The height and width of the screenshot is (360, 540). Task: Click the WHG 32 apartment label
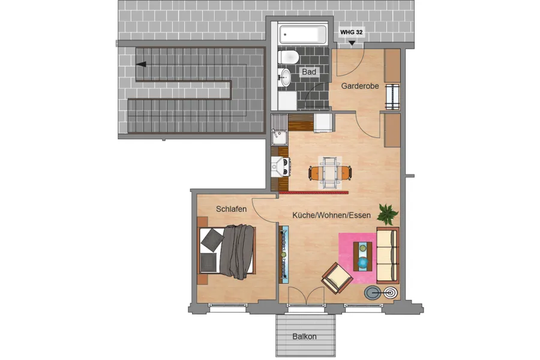tap(351, 32)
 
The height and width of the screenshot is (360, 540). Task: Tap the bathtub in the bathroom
tap(303, 34)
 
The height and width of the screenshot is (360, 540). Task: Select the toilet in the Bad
tap(289, 57)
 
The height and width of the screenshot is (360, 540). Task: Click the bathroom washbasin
tap(284, 77)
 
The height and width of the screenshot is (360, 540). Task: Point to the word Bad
tap(309, 72)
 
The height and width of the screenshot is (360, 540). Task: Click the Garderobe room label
tap(360, 86)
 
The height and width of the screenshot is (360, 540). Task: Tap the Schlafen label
tap(232, 209)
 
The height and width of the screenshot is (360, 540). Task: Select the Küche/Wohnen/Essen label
tap(332, 215)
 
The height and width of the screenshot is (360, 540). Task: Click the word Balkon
tap(304, 337)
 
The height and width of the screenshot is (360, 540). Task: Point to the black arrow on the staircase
tap(141, 64)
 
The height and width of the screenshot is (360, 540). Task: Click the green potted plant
tap(388, 214)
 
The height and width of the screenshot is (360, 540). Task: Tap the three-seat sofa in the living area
tap(388, 255)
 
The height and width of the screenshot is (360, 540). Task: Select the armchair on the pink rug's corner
tap(337, 278)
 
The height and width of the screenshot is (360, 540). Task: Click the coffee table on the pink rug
tap(362, 256)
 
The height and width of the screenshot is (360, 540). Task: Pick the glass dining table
tap(330, 173)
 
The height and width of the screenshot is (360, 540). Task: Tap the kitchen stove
tap(280, 167)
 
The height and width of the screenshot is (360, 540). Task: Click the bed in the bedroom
tap(227, 250)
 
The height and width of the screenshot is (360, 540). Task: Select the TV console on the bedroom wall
tap(284, 254)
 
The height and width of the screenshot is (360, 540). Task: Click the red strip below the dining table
tap(314, 193)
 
